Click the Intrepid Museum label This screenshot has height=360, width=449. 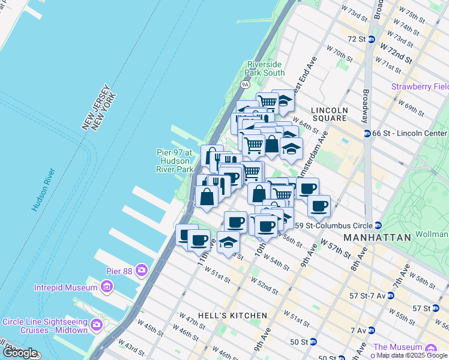point(65,287)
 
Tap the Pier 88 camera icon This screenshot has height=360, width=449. point(142,268)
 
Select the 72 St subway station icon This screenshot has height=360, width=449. point(372,40)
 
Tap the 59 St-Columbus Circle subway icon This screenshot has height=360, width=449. point(378,226)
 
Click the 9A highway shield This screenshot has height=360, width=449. point(245,85)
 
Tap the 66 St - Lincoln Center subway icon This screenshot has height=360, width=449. point(366,133)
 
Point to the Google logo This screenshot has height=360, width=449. point(19,353)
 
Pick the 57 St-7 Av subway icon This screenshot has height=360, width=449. point(390,296)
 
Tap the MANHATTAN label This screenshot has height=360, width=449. point(377,238)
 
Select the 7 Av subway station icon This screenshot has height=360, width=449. point(372,330)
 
